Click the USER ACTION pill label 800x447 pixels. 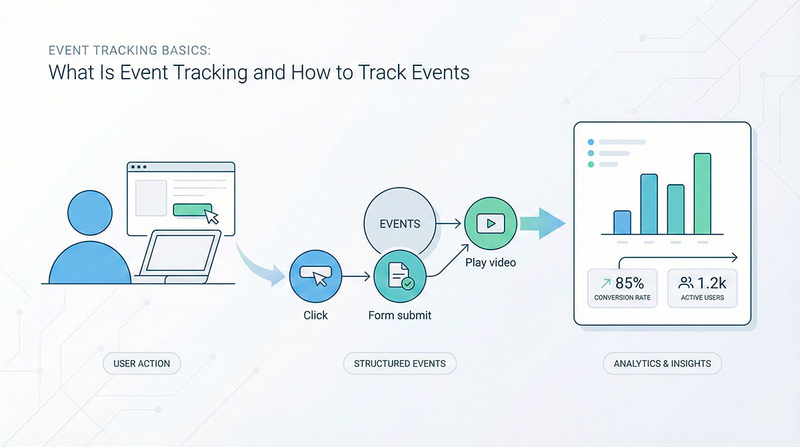[x=141, y=364]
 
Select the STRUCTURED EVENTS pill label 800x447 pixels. [x=400, y=364]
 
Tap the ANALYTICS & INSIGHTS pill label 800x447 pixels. [x=662, y=364]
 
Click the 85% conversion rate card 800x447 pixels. [x=622, y=288]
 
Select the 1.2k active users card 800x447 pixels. [x=702, y=288]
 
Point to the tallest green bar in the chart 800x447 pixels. [x=702, y=193]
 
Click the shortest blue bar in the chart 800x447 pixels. [x=622, y=221]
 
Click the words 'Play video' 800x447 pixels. [x=490, y=262]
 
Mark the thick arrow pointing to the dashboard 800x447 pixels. [x=541, y=223]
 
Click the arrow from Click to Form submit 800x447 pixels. [x=357, y=276]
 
